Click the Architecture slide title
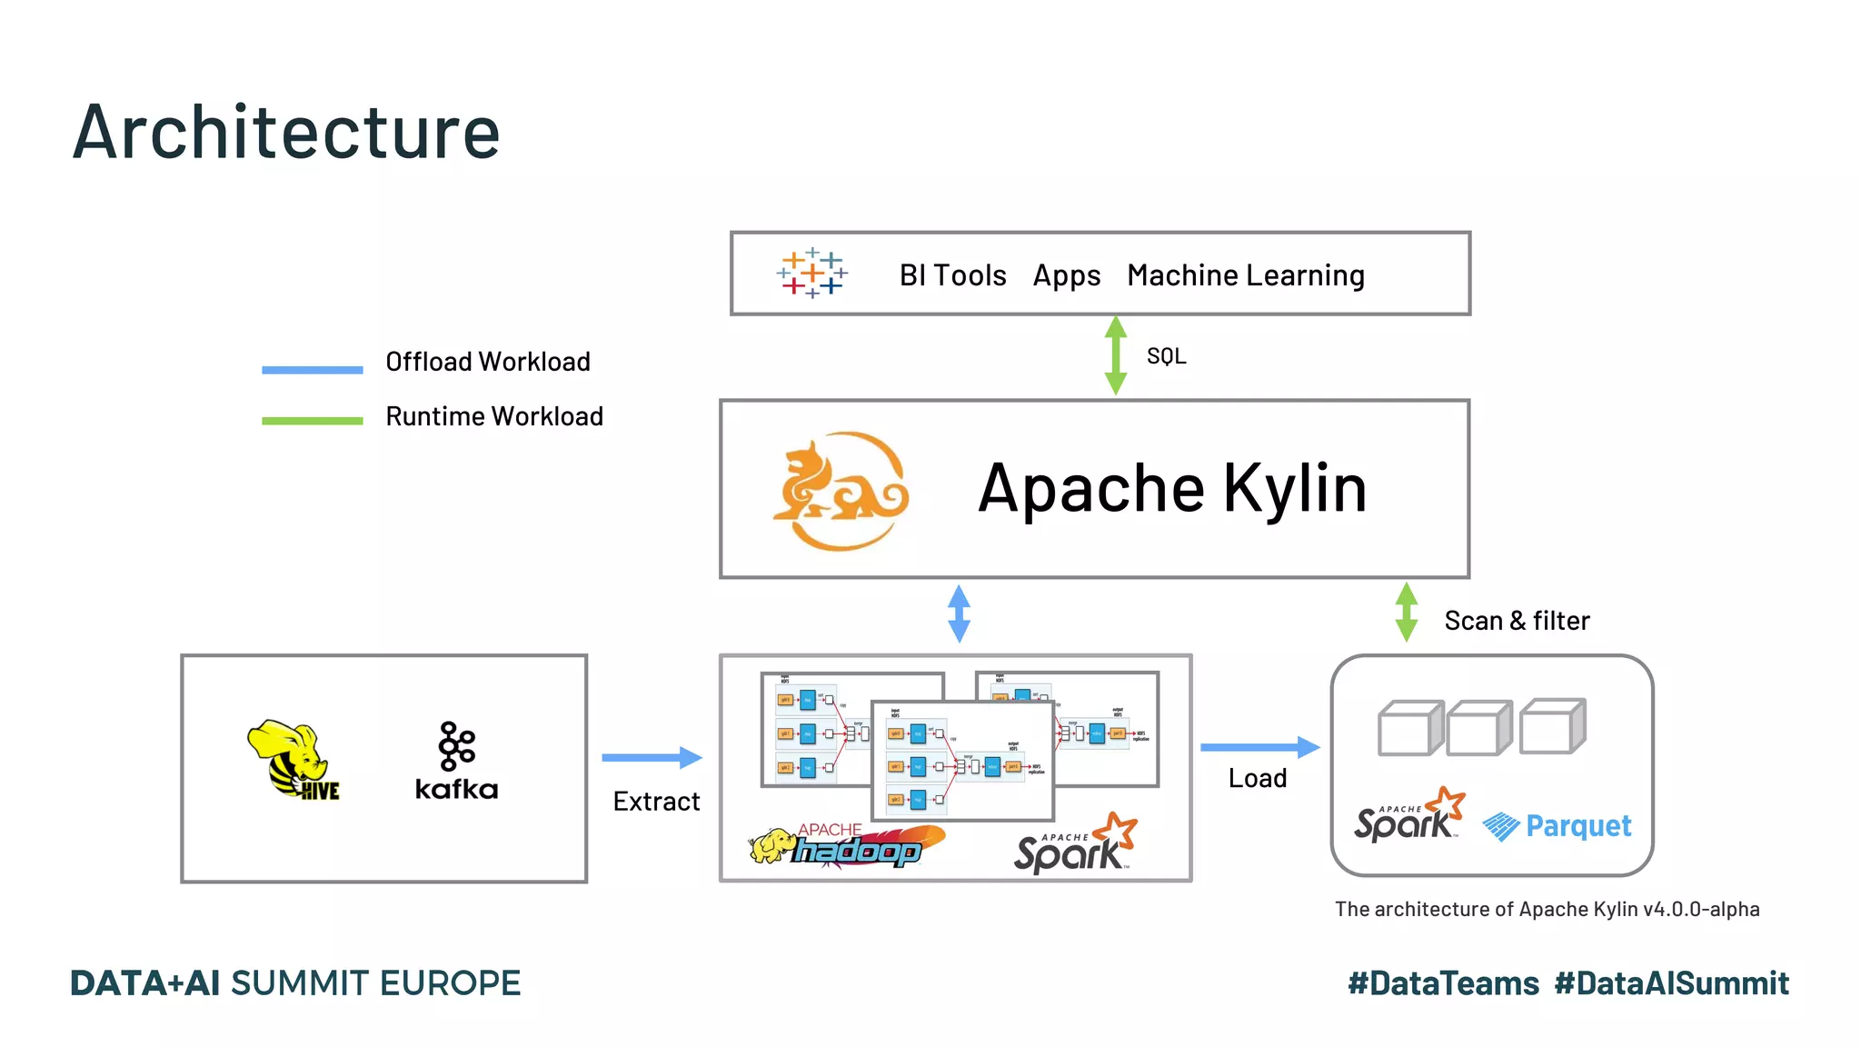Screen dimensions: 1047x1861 [286, 133]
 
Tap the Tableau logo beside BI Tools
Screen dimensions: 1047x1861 [811, 274]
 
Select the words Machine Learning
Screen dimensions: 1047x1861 [1246, 275]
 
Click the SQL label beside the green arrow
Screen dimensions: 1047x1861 [1166, 356]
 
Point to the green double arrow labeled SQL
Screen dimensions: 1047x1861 [1116, 355]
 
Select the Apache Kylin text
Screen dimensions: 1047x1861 [1172, 489]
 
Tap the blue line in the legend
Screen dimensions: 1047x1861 [312, 370]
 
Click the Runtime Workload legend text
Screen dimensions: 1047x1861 [494, 416]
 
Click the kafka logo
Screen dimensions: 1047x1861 [456, 762]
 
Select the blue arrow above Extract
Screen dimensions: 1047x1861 [652, 757]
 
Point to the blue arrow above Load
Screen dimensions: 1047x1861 [1259, 747]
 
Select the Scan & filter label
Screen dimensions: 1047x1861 [1517, 621]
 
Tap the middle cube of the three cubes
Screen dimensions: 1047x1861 [1478, 727]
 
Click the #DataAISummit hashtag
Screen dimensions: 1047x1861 [1671, 983]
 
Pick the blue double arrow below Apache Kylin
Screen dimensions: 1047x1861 [959, 613]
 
